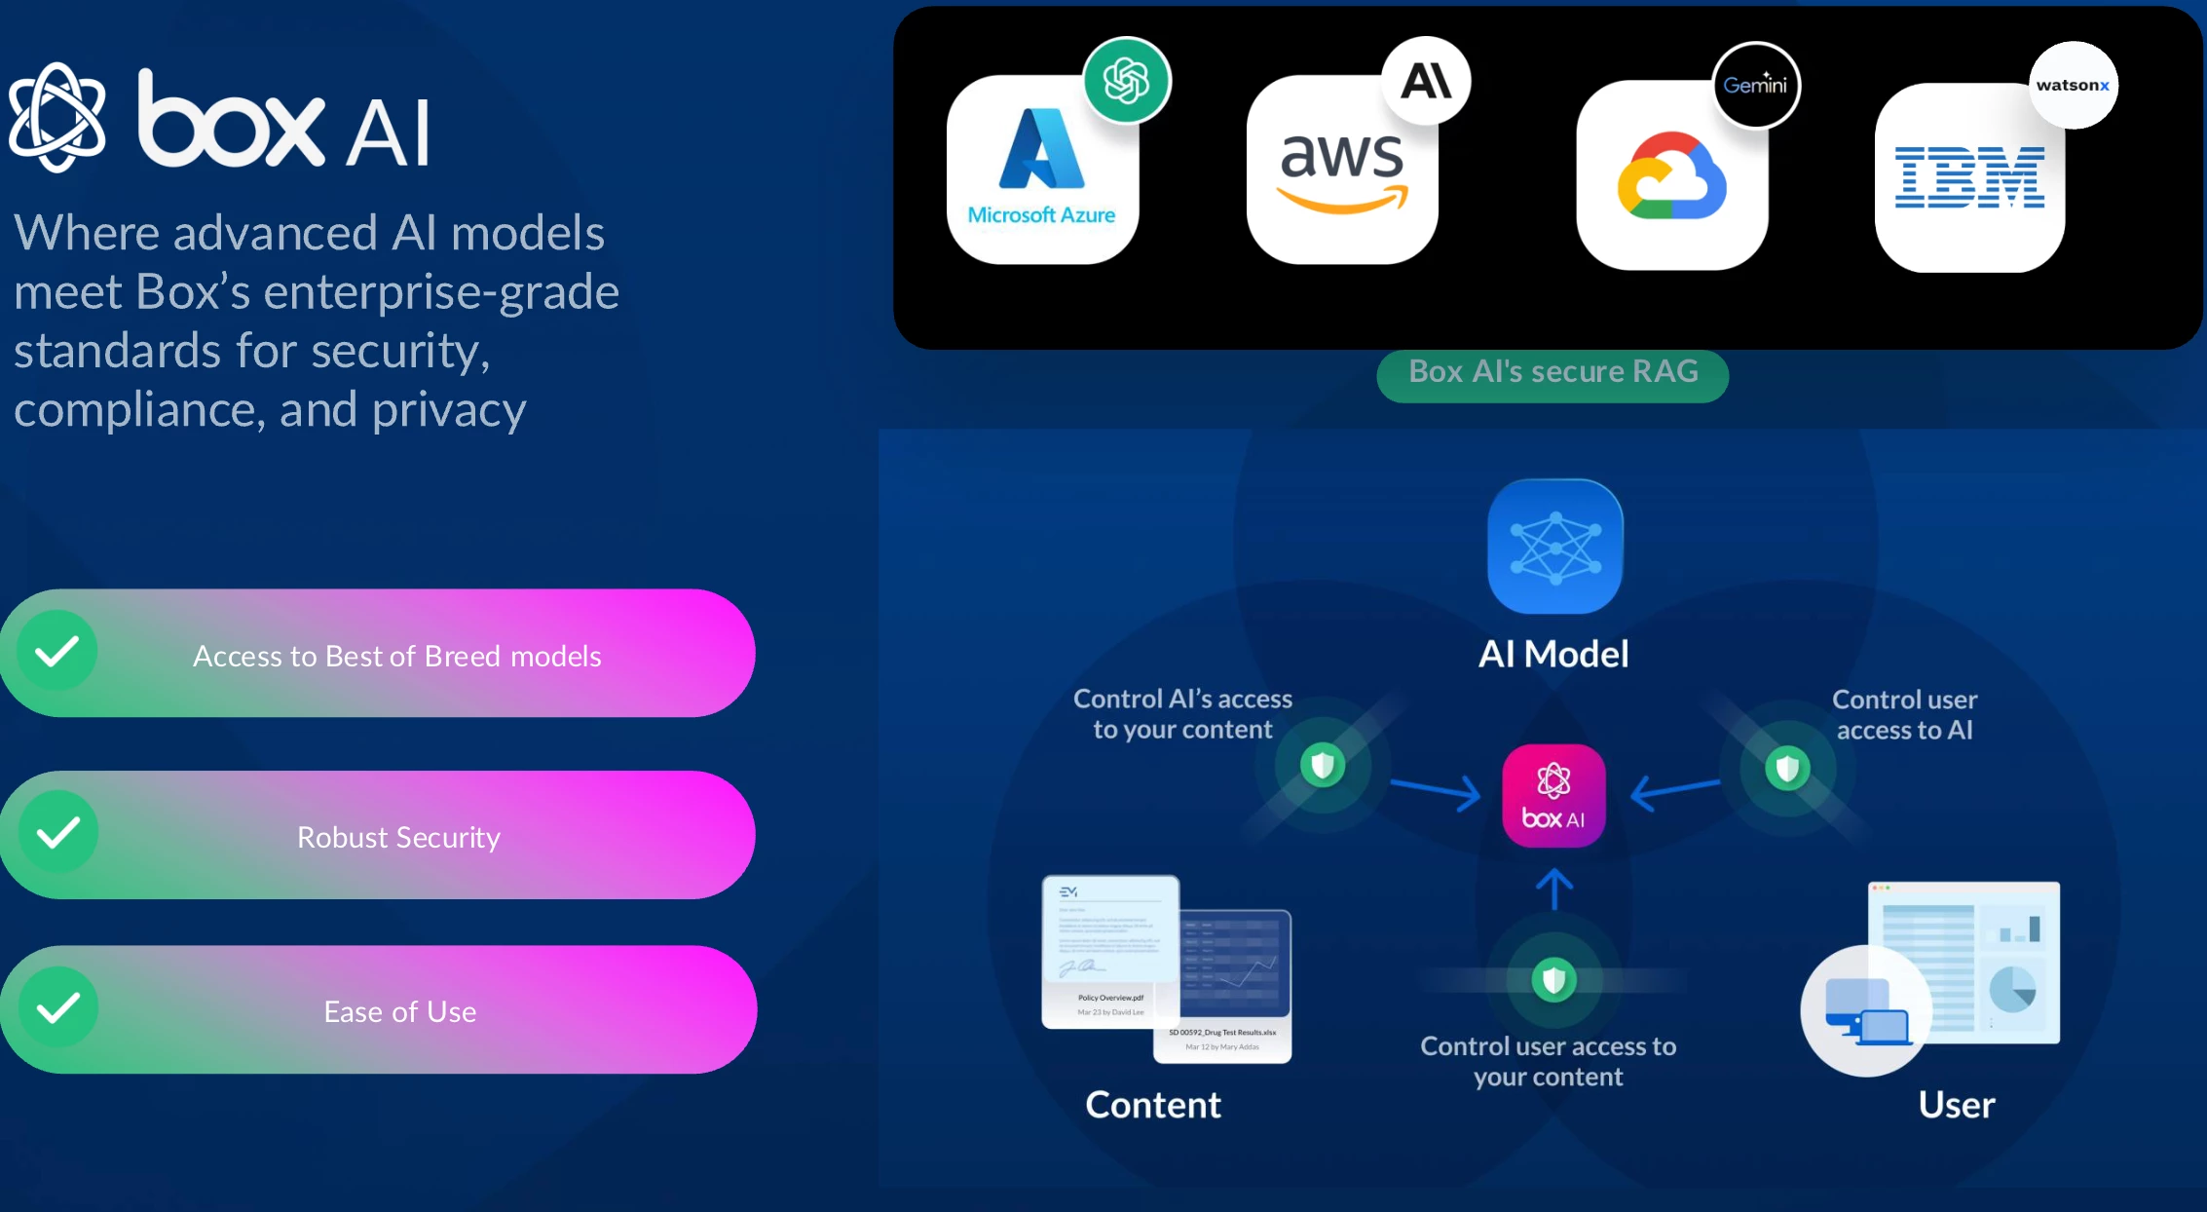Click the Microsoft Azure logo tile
coord(1041,170)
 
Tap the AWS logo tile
coord(1342,170)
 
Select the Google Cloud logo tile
coord(1671,175)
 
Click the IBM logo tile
coord(1969,177)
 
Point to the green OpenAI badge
coord(1127,81)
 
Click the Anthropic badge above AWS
coord(1426,81)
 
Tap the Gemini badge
coord(1756,85)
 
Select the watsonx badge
coord(2073,85)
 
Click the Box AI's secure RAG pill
coord(1552,373)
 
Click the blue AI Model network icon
coord(1555,547)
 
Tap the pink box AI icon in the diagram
coord(1553,796)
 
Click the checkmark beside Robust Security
coord(58,833)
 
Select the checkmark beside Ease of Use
coord(58,1007)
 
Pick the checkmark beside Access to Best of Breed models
coord(57,651)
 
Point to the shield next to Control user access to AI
coord(1787,769)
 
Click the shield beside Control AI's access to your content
coord(1322,765)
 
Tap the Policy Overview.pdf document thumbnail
coord(1110,950)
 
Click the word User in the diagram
coord(1956,1105)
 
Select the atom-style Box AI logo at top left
coord(57,118)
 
